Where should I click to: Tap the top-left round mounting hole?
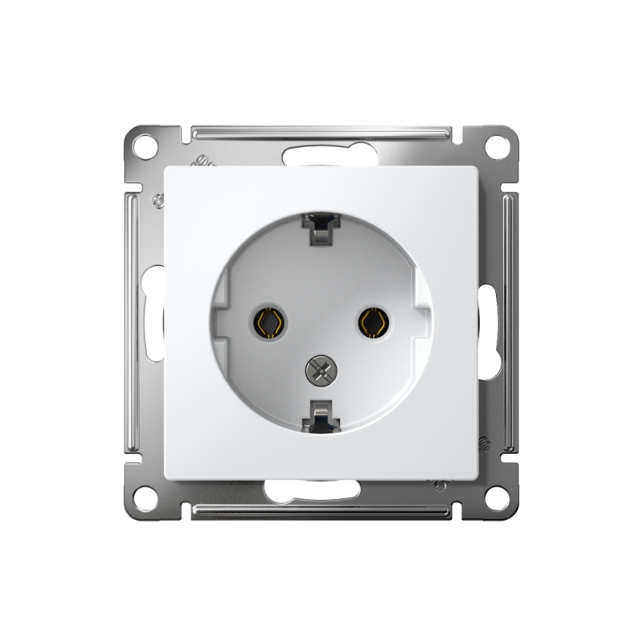click(x=145, y=147)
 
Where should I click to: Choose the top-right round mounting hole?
click(x=497, y=147)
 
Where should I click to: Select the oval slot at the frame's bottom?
click(x=321, y=489)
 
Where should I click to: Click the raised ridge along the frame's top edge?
click(x=321, y=132)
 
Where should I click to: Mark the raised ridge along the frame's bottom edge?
click(x=321, y=511)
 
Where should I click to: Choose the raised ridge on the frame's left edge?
click(x=133, y=322)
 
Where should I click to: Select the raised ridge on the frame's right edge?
click(x=510, y=322)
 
